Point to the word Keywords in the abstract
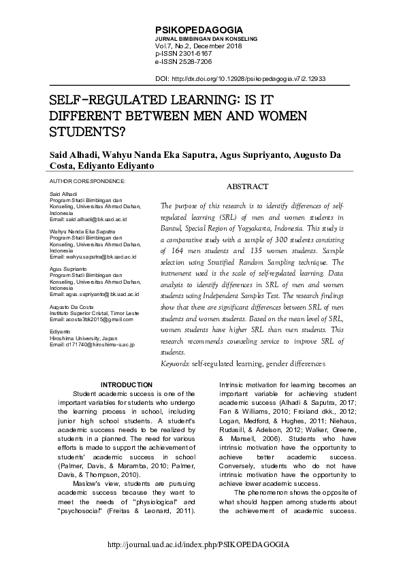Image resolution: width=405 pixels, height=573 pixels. pyautogui.click(x=175, y=364)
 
